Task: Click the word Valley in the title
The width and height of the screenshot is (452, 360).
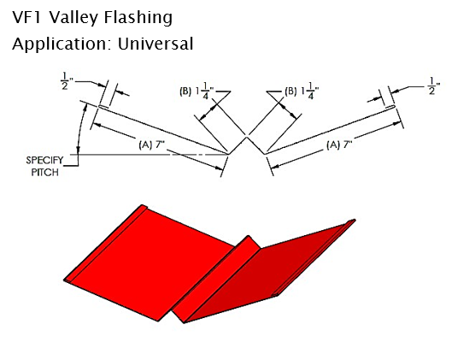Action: (73, 18)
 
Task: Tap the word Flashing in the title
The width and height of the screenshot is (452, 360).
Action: (138, 18)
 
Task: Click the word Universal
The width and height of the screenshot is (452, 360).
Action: (156, 44)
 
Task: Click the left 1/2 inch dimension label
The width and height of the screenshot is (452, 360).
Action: (66, 81)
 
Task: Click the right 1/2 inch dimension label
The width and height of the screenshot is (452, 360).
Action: (434, 86)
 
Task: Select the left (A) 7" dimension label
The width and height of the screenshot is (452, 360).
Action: (151, 145)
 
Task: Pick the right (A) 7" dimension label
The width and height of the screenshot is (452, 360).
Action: (339, 145)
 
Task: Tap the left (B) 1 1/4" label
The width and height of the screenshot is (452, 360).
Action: (197, 91)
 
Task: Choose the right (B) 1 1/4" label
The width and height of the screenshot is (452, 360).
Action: (302, 91)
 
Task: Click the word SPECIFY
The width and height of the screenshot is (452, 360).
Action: (44, 160)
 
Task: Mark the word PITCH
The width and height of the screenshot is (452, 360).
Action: (45, 173)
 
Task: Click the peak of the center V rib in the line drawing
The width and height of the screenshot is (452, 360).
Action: (247, 138)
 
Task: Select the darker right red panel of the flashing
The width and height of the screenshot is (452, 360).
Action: (268, 273)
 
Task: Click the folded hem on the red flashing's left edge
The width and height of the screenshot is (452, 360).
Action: (105, 242)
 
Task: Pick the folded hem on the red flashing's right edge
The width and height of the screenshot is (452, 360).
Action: (314, 257)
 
